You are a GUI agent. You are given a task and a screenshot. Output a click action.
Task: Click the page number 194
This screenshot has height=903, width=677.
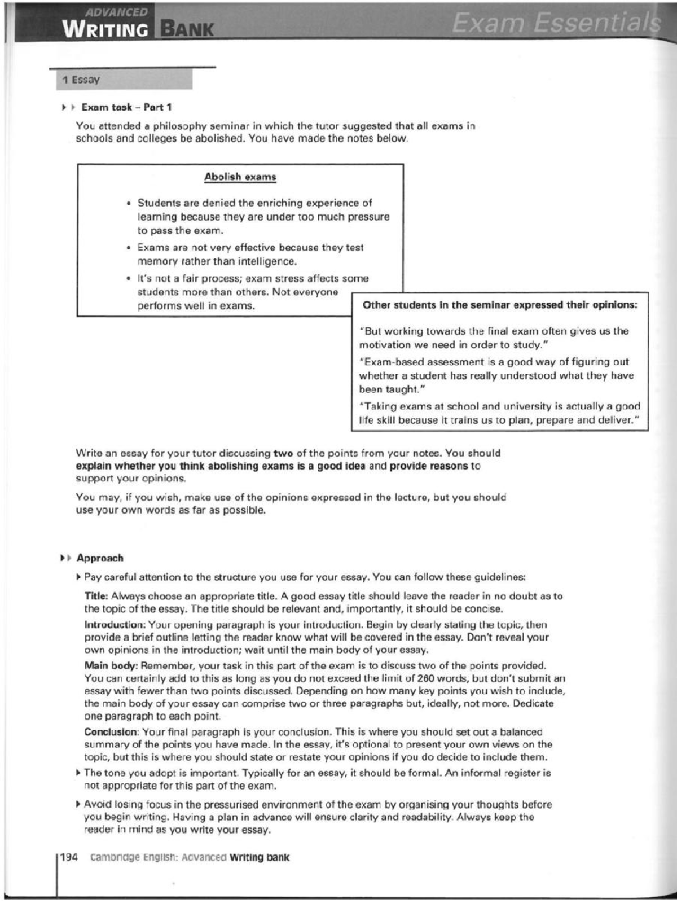click(x=68, y=857)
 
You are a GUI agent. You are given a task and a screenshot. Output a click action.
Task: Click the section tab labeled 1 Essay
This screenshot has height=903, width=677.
click(x=81, y=80)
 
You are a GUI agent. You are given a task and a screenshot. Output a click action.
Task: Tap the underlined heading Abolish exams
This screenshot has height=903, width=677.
click(x=240, y=177)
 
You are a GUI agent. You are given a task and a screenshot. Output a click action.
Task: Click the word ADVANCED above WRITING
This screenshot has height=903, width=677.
click(x=117, y=12)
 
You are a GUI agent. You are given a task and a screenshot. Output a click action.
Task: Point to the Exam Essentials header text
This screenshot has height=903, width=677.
click(x=555, y=24)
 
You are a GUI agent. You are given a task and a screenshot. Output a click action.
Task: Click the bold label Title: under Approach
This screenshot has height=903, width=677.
click(x=96, y=596)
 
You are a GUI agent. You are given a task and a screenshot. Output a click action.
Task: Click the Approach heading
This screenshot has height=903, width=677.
click(x=100, y=558)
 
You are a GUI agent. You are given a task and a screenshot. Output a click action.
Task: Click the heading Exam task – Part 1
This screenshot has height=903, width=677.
click(x=126, y=107)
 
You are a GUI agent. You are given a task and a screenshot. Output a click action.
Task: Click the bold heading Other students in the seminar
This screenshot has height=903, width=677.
click(x=499, y=305)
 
